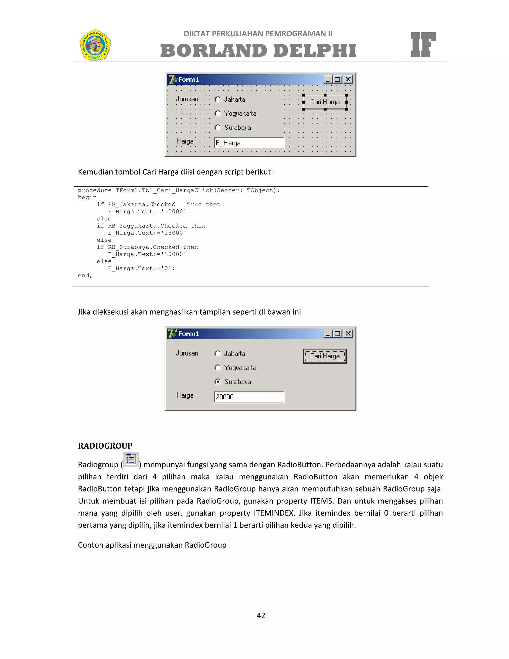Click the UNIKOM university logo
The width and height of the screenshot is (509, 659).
pyautogui.click(x=95, y=45)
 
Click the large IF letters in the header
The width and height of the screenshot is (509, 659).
pyautogui.click(x=423, y=45)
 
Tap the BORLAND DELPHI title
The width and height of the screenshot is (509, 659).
pyautogui.click(x=258, y=50)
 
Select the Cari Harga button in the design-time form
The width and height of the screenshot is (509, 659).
pyautogui.click(x=325, y=102)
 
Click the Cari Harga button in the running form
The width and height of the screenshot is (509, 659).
pyautogui.click(x=325, y=356)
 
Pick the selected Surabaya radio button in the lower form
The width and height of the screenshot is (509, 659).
pyautogui.click(x=218, y=382)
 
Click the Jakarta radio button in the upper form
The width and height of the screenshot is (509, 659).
pyautogui.click(x=218, y=99)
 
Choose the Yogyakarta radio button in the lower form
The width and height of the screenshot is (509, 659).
pyautogui.click(x=218, y=368)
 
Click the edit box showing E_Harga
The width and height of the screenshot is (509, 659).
pyautogui.click(x=249, y=143)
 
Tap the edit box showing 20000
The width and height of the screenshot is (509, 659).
pyautogui.click(x=249, y=397)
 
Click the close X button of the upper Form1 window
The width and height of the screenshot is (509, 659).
pyautogui.click(x=348, y=79)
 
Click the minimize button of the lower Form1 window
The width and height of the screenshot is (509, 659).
pyautogui.click(x=328, y=333)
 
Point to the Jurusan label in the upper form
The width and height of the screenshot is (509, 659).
pyautogui.click(x=187, y=99)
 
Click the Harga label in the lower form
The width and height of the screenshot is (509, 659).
pyautogui.click(x=185, y=395)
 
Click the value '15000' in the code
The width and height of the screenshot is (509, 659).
pyautogui.click(x=174, y=233)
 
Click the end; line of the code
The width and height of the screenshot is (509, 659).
pyautogui.click(x=85, y=276)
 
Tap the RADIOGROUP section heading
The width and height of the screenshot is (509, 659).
pyautogui.click(x=105, y=446)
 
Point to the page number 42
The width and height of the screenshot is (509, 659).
pyautogui.click(x=261, y=615)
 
